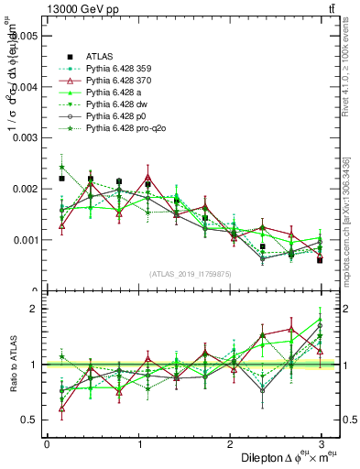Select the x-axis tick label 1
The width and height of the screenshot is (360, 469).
click(x=138, y=444)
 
